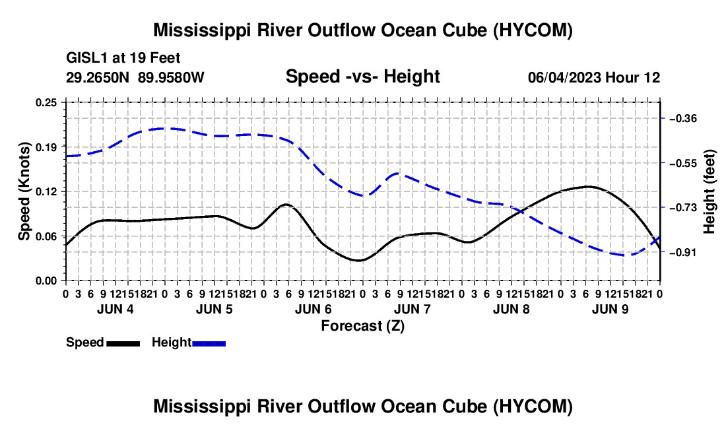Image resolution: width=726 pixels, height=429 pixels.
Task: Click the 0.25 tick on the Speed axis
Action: (46, 102)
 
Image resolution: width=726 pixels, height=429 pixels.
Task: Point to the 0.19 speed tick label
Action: (46, 147)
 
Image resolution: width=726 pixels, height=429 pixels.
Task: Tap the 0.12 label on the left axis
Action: (46, 191)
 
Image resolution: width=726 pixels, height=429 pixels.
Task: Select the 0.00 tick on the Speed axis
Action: (46, 281)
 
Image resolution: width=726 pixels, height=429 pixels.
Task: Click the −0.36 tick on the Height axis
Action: (683, 119)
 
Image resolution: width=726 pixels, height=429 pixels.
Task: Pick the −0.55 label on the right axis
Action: (683, 164)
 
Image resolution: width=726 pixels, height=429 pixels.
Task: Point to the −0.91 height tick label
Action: (683, 253)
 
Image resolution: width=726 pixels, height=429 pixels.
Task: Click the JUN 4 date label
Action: (115, 309)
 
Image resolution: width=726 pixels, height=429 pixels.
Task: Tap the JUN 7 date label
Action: (412, 309)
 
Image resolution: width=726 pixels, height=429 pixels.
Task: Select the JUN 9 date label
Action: (610, 309)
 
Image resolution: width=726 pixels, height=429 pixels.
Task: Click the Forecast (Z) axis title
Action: (363, 326)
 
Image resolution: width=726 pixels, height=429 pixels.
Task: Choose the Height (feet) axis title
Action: (709, 191)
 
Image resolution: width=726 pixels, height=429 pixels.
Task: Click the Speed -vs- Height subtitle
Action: (363, 77)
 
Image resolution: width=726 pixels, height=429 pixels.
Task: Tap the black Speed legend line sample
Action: (123, 344)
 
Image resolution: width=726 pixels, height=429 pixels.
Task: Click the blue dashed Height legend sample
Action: (209, 344)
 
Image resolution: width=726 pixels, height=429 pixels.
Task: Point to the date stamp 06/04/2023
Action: (564, 78)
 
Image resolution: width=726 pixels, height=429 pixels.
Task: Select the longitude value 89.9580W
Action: (171, 77)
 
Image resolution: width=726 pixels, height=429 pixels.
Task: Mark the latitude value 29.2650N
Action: (98, 77)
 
